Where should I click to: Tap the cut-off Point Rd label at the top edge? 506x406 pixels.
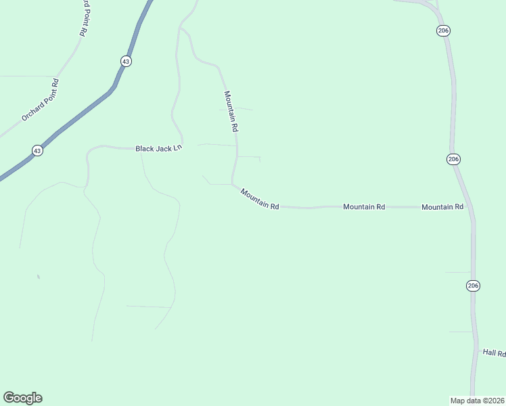83,18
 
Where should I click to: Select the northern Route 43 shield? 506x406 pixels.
126,61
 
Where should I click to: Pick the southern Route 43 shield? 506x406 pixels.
37,150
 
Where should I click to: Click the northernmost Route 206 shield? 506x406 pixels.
443,30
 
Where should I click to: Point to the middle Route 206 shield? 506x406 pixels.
453,158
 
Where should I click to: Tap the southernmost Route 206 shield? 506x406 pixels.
473,286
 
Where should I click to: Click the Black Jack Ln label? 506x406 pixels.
159,148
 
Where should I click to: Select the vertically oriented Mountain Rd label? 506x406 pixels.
231,111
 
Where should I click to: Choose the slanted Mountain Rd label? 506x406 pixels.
260,199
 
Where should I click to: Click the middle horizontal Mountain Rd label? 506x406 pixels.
364,206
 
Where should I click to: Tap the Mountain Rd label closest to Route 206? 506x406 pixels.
442,206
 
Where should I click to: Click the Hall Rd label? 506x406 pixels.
493,353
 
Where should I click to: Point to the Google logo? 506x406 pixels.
22,398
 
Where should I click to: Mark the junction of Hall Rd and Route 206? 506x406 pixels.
476,351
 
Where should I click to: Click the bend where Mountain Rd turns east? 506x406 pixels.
233,183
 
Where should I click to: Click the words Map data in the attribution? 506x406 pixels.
465,400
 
